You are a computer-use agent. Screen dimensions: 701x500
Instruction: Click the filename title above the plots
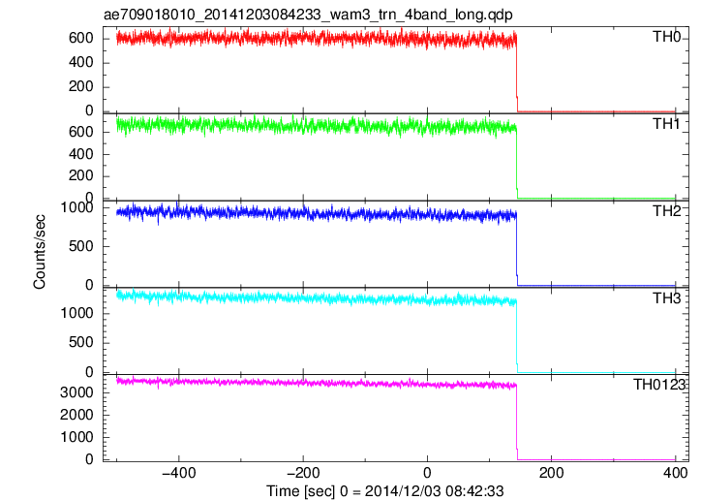pos(308,15)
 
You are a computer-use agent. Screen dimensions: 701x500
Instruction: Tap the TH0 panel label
pos(666,37)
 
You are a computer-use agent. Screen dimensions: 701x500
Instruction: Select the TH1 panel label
pos(666,124)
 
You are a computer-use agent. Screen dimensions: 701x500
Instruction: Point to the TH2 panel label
pos(666,211)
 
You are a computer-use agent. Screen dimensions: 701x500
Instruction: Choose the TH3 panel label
pos(666,298)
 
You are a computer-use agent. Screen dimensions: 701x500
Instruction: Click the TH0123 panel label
pos(659,385)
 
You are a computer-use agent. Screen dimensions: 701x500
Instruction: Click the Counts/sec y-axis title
pos(40,252)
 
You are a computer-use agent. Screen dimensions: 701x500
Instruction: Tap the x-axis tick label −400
pos(179,473)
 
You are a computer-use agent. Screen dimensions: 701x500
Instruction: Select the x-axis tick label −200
pos(303,473)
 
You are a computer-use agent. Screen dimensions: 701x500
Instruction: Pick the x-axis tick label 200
pos(551,473)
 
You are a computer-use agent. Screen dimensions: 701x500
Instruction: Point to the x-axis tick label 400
pos(676,473)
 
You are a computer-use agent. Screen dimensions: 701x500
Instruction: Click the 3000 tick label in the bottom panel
pos(76,392)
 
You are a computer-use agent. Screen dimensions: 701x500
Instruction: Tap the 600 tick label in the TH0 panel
pos(81,38)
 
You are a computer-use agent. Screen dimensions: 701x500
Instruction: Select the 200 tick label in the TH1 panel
pos(81,175)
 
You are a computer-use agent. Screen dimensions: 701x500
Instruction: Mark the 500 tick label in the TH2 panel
pos(81,246)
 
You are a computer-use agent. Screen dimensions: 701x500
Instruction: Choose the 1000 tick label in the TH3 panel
pos(76,314)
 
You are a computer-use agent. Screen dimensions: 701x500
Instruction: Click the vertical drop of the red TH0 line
pos(517,76)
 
